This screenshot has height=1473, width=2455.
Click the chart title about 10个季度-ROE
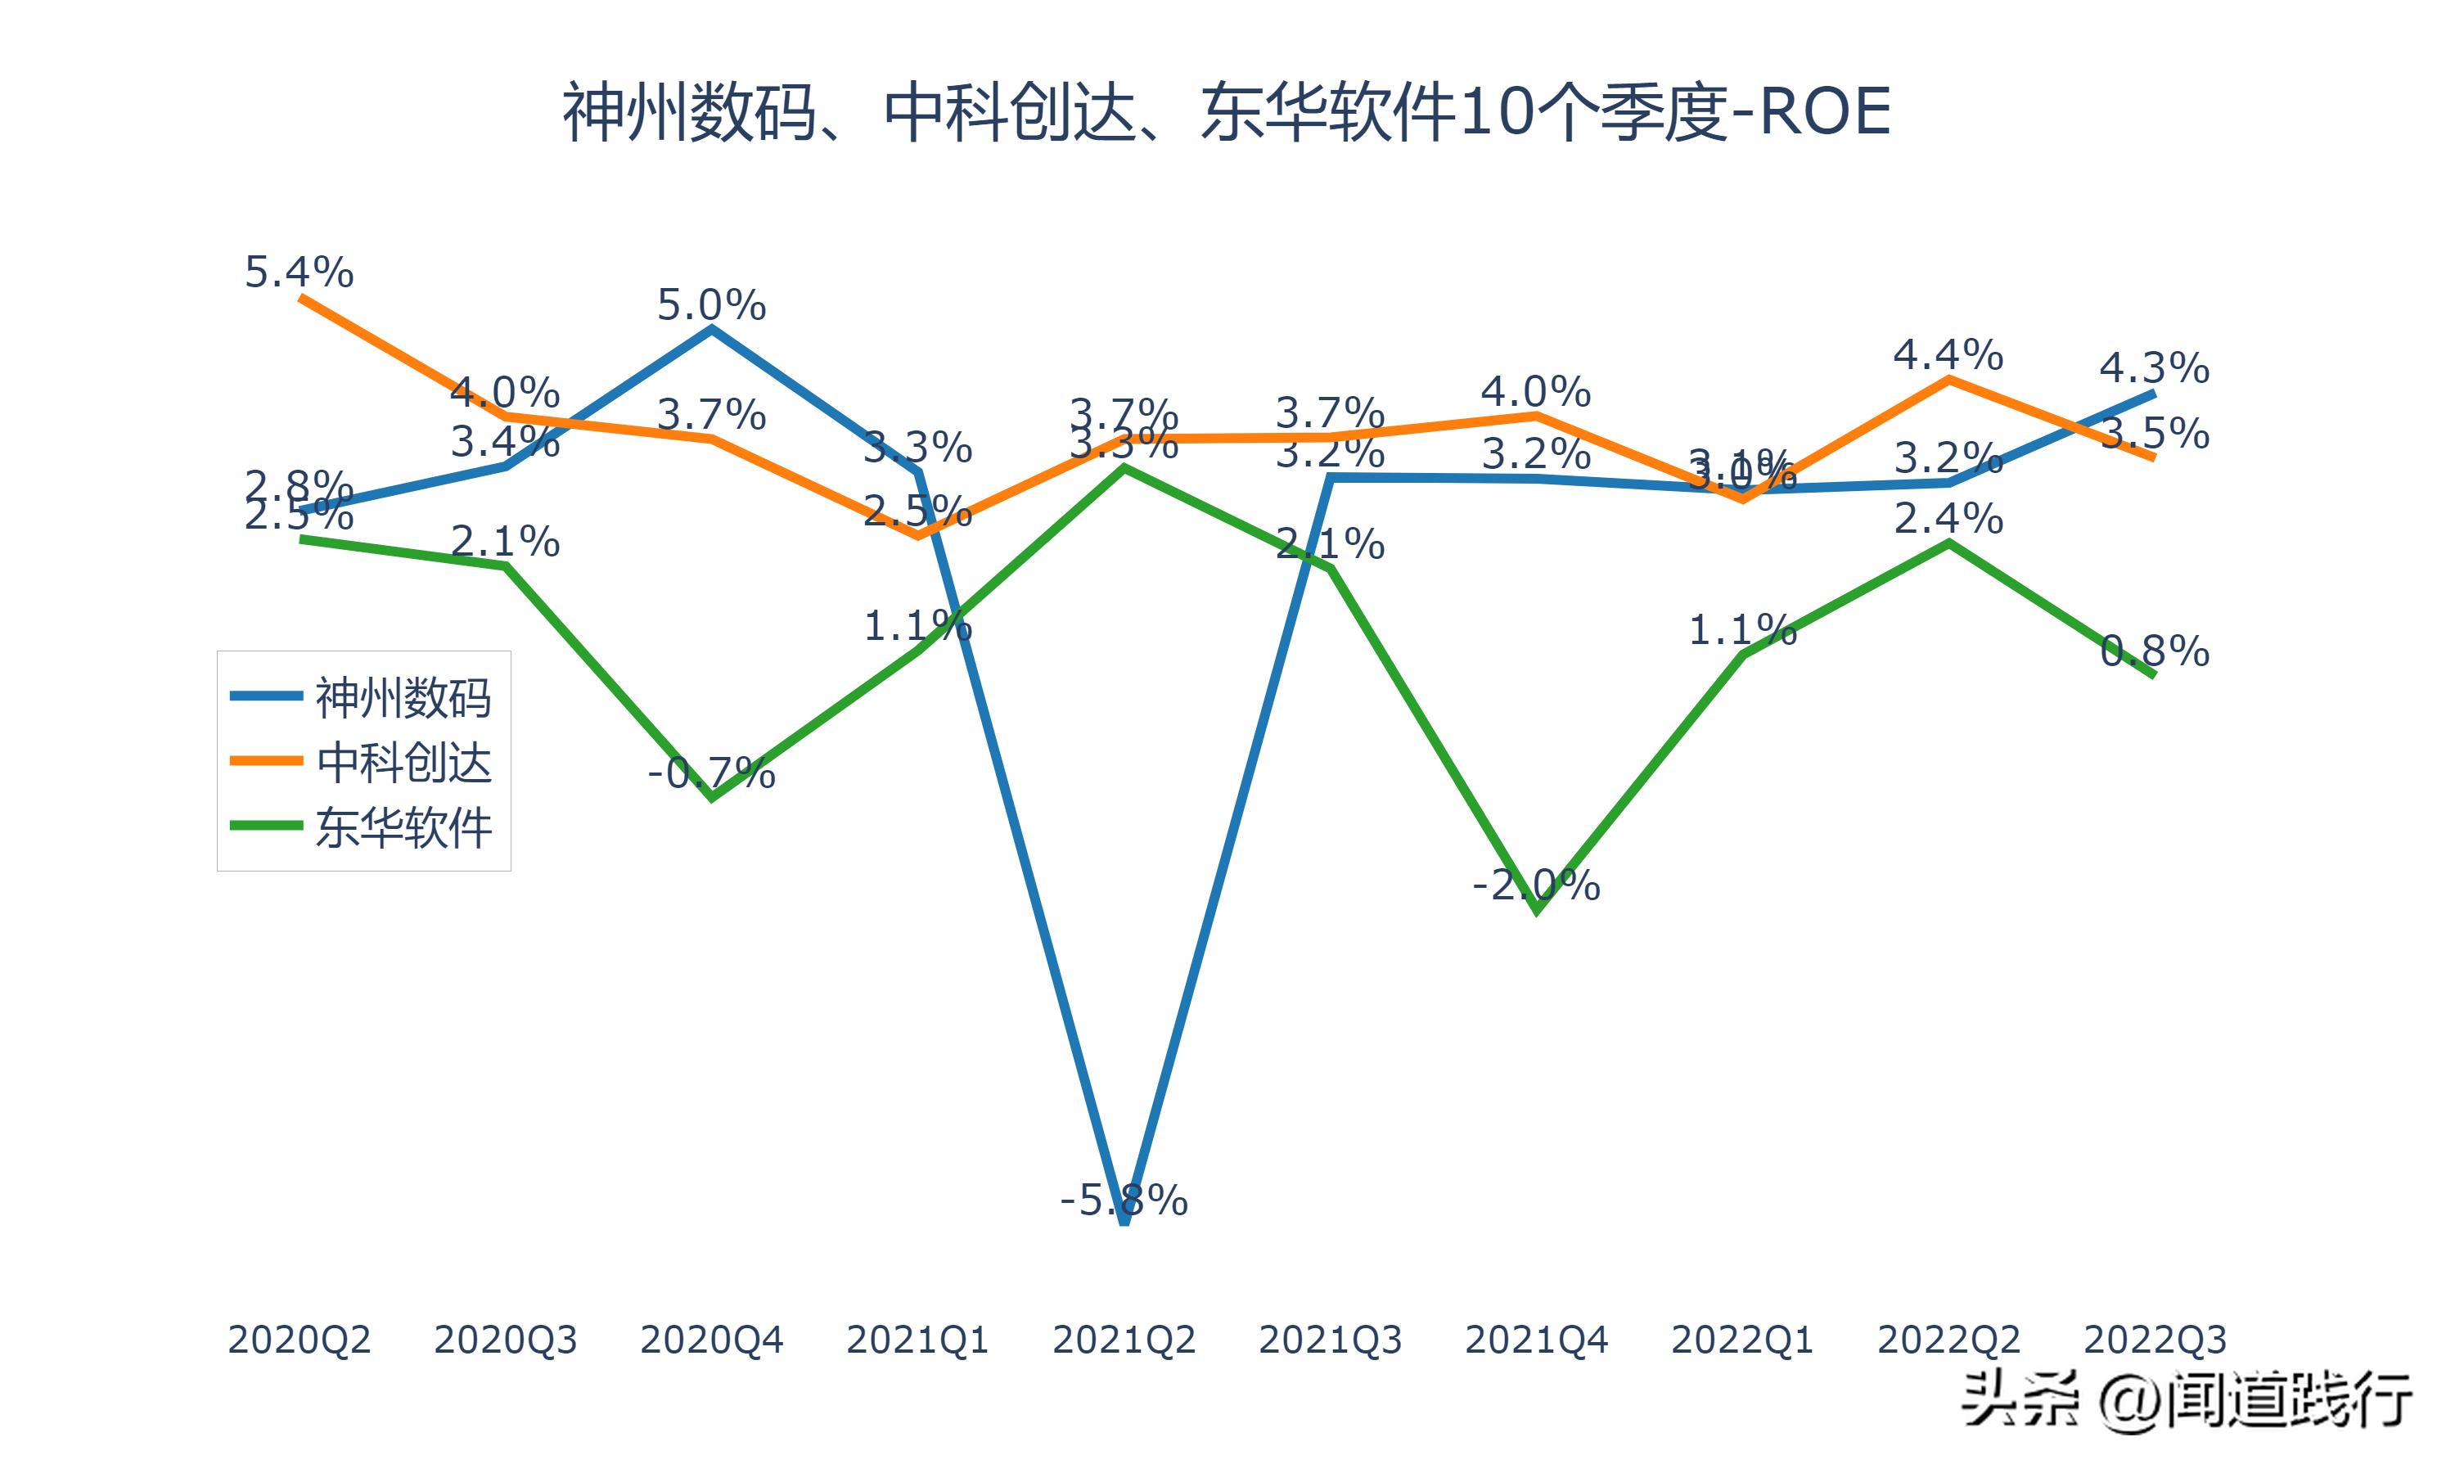click(x=1227, y=112)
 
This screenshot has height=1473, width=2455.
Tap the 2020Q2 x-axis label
click(x=299, y=1340)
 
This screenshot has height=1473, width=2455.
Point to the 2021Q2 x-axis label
click(x=1124, y=1340)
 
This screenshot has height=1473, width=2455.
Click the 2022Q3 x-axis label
click(x=2155, y=1340)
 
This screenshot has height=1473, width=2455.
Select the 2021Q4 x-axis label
click(x=1536, y=1340)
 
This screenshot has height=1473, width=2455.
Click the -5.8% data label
click(x=1124, y=1201)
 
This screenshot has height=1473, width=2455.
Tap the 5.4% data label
click(x=299, y=272)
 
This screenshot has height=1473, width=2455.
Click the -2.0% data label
click(x=1536, y=884)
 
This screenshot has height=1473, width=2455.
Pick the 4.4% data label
click(x=1948, y=354)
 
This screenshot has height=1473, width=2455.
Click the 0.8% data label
click(x=2155, y=651)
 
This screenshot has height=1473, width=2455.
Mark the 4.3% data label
click(x=2155, y=368)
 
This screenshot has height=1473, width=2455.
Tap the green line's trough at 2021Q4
click(x=1536, y=909)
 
